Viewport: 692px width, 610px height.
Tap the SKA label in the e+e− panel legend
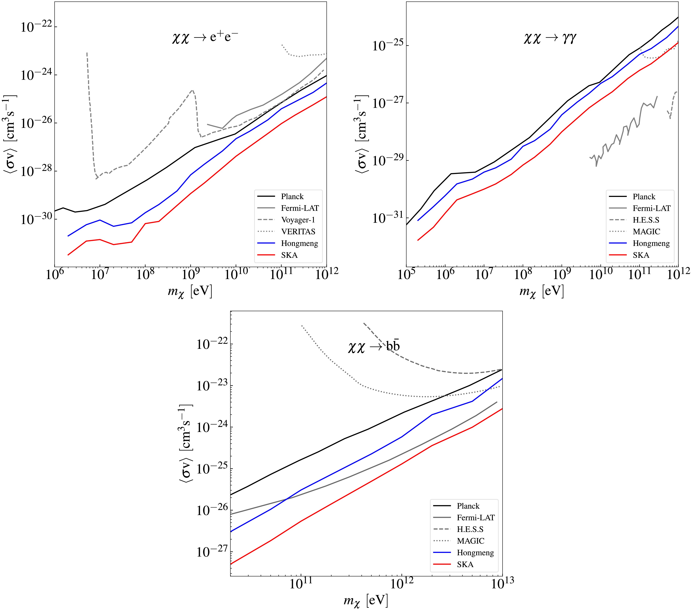(x=289, y=255)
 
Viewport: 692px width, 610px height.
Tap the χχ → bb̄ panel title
(x=374, y=346)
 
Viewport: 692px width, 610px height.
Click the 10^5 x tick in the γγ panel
(x=406, y=275)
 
